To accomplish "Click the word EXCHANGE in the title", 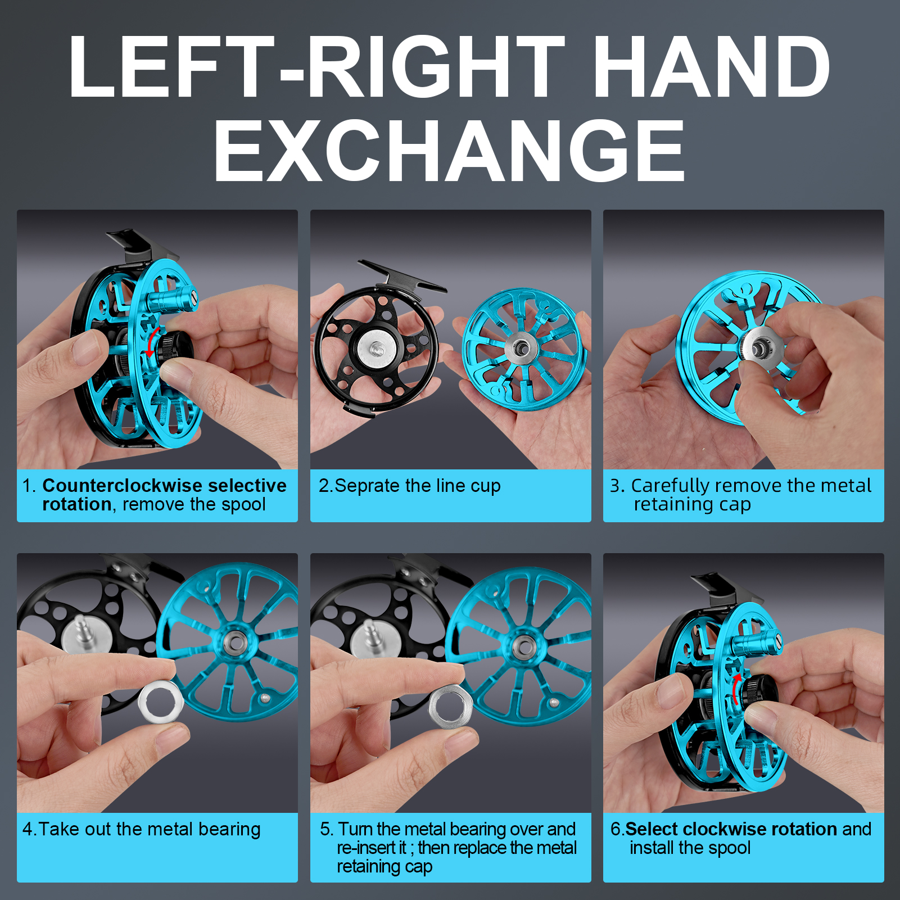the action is (x=449, y=151).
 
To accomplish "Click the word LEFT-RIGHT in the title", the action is (x=316, y=66).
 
